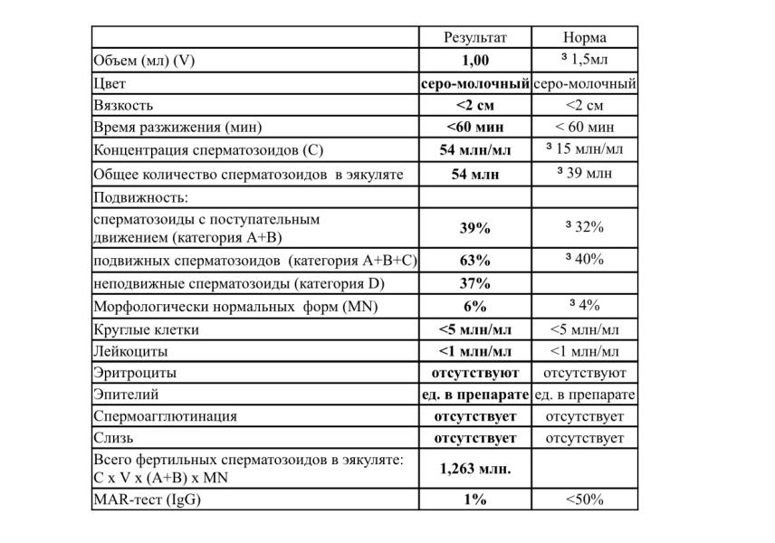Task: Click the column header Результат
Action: coord(474,37)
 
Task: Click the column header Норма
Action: coord(584,37)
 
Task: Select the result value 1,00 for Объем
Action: coord(474,61)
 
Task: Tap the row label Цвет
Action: coord(110,83)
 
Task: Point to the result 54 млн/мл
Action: coord(474,149)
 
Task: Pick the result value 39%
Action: coord(474,227)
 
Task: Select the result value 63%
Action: coord(474,261)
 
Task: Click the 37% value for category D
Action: coord(474,283)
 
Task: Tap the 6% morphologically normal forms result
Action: coord(474,307)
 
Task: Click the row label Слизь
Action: coord(113,438)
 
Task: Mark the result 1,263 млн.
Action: coord(474,469)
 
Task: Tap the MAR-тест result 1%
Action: coord(474,499)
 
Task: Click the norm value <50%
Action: coord(584,499)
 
